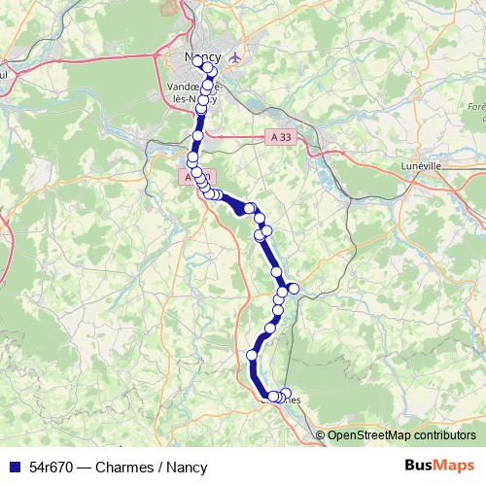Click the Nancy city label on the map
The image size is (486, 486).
(x=203, y=57)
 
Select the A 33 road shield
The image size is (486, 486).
(x=279, y=138)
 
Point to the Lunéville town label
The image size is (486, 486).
(x=421, y=166)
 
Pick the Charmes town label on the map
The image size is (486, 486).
(x=282, y=399)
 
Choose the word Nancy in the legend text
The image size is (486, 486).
(x=188, y=467)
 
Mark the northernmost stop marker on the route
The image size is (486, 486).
(x=197, y=60)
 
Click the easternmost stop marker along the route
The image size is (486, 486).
(x=294, y=289)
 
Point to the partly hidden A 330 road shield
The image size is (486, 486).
(x=189, y=179)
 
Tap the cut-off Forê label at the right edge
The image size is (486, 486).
(x=476, y=106)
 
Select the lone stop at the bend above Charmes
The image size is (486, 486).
(x=252, y=356)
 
